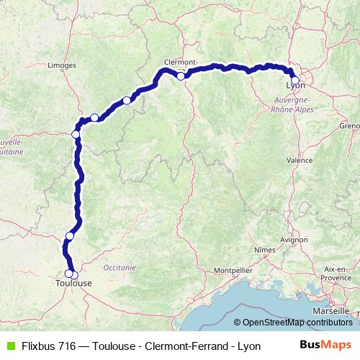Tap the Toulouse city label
click(x=73, y=284)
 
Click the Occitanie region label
click(x=120, y=266)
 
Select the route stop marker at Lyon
click(x=294, y=80)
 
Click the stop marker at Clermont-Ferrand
click(x=181, y=76)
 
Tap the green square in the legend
click(x=9, y=344)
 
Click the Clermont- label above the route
click(x=179, y=62)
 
